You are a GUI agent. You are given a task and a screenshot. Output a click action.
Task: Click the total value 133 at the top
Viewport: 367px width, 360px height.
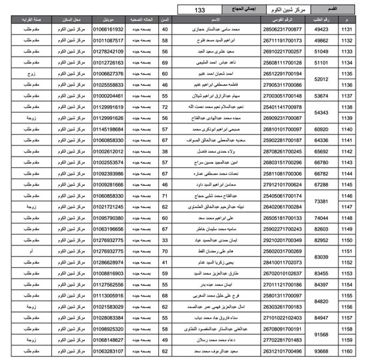click(200, 11)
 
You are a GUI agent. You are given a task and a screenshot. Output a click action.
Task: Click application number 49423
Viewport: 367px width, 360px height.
click(321, 31)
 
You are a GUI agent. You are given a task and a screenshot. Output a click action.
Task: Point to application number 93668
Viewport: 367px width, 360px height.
click(321, 349)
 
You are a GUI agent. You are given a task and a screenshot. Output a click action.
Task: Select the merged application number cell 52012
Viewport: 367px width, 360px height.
click(321, 80)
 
